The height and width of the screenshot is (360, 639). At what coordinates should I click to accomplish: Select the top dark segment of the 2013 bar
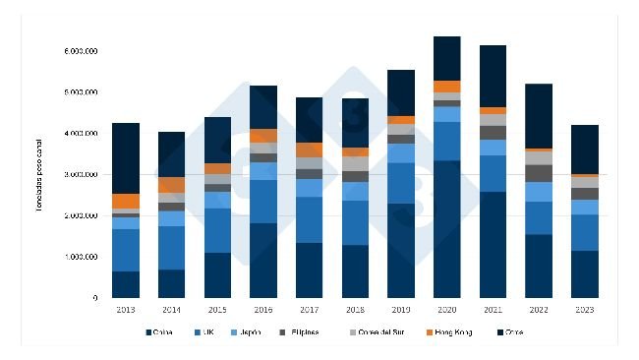pyautogui.click(x=126, y=157)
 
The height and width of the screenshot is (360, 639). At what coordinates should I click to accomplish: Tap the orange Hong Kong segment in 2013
pyautogui.click(x=126, y=201)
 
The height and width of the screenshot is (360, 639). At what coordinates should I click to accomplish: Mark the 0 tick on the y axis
pyautogui.click(x=94, y=298)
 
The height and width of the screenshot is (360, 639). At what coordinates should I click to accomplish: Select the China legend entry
pyautogui.click(x=164, y=334)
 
